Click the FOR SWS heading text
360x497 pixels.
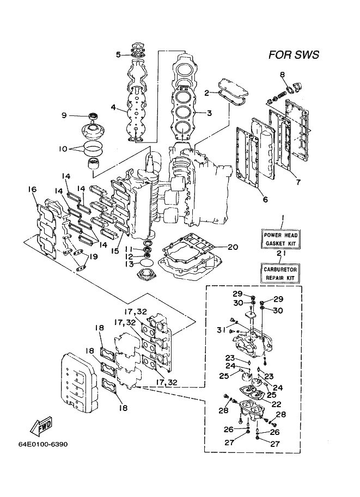(294, 54)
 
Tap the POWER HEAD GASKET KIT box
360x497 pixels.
(280, 240)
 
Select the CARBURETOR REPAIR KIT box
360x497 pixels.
(280, 273)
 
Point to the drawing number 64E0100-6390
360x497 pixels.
(43, 444)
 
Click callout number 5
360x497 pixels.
(118, 54)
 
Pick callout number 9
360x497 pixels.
(64, 115)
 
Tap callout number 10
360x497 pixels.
(63, 149)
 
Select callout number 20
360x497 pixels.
(233, 247)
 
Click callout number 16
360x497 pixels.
(32, 189)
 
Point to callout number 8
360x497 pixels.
(282, 75)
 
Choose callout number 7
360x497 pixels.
(298, 182)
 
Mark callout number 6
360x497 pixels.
(265, 199)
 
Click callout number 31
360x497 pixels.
(221, 330)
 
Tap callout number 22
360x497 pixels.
(276, 404)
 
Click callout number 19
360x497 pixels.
(93, 256)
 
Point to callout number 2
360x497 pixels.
(207, 93)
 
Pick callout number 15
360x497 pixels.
(115, 251)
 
